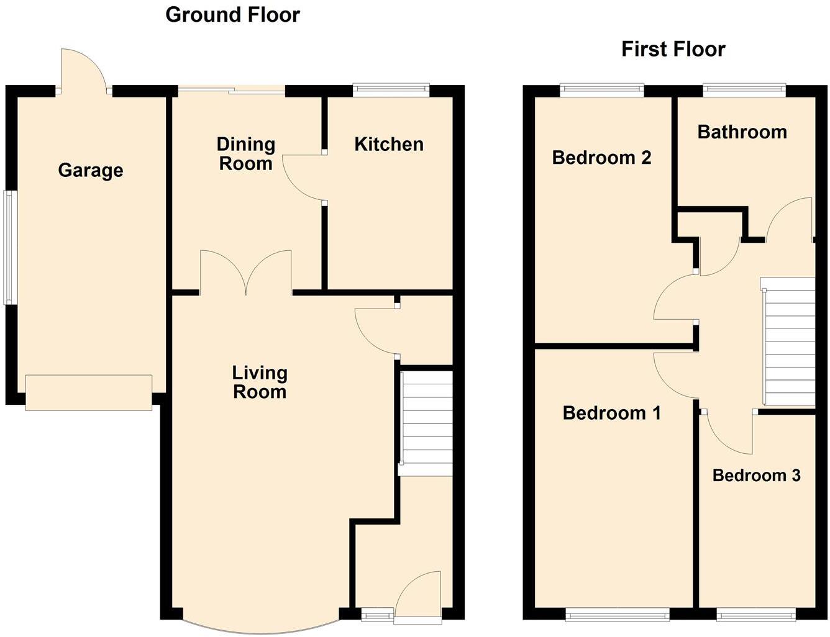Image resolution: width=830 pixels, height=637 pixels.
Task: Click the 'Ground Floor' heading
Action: coord(232,14)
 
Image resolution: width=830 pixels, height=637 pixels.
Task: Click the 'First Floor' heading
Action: coord(673,49)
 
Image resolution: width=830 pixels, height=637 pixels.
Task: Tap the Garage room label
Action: coord(91,170)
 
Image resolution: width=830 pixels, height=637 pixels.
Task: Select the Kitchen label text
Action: coord(389,144)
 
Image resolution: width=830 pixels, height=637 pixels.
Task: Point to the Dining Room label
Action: coord(245,154)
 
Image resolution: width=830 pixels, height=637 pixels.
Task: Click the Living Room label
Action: coord(260,382)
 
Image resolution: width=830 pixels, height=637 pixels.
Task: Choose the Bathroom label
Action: coord(742,132)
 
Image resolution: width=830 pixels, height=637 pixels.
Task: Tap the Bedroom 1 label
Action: coord(611,413)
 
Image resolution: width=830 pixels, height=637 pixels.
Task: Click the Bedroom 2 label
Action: coord(601,158)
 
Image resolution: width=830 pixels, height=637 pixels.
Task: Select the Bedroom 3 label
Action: coord(756,476)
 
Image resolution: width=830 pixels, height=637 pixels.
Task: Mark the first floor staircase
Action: coord(789,341)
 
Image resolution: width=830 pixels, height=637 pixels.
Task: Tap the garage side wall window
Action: coord(9,247)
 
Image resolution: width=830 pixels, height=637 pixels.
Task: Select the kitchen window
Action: coord(391,91)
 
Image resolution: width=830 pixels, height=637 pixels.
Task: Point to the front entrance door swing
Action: coord(417,596)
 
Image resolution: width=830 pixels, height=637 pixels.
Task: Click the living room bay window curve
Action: coord(261,628)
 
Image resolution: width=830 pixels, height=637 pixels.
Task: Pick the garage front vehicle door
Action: coord(89,392)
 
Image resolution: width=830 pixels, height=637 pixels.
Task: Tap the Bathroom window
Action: coord(744,91)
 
